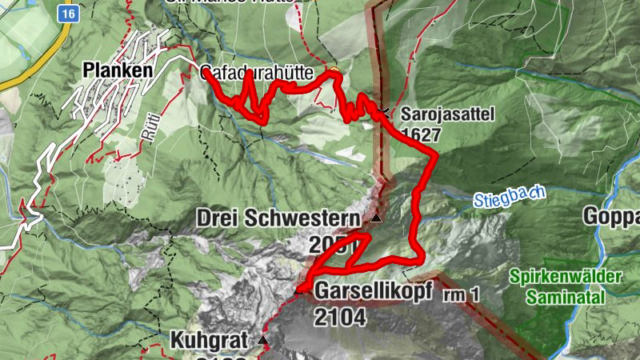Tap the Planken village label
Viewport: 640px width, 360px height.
[118, 71]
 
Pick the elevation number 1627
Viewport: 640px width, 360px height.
[422, 134]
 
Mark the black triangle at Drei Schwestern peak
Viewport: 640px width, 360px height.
[376, 218]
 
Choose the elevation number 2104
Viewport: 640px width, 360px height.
[339, 317]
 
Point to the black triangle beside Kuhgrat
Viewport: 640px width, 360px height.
[263, 341]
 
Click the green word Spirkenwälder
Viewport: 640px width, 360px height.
[564, 277]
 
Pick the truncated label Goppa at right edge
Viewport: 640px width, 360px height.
[612, 218]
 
